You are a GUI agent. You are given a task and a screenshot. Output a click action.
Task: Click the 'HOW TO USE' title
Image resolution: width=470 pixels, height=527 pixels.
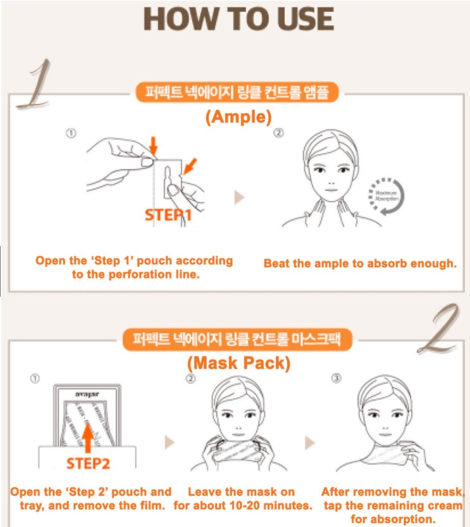238,20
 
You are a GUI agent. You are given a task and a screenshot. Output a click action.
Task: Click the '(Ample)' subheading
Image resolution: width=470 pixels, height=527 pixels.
238,116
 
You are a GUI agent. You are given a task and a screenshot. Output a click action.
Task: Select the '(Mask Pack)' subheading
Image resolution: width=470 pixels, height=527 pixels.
238,363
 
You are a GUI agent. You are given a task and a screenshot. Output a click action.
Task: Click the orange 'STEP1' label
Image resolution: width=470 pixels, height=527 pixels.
168,214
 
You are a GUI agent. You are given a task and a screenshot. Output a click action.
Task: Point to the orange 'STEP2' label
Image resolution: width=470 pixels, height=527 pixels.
88,463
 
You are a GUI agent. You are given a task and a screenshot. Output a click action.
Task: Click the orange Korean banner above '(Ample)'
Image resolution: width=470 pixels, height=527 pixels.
238,93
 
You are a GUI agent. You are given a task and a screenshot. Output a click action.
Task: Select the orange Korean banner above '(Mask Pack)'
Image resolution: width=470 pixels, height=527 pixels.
238,340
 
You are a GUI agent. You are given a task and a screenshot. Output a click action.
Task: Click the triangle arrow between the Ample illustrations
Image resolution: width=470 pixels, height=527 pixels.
239,197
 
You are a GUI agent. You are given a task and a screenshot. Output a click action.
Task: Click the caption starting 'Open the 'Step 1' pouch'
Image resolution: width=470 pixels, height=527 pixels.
134,267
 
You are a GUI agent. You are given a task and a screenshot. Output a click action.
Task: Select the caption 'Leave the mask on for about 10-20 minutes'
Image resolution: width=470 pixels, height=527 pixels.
243,499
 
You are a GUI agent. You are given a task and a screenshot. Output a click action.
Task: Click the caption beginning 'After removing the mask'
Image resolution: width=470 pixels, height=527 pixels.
391,504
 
